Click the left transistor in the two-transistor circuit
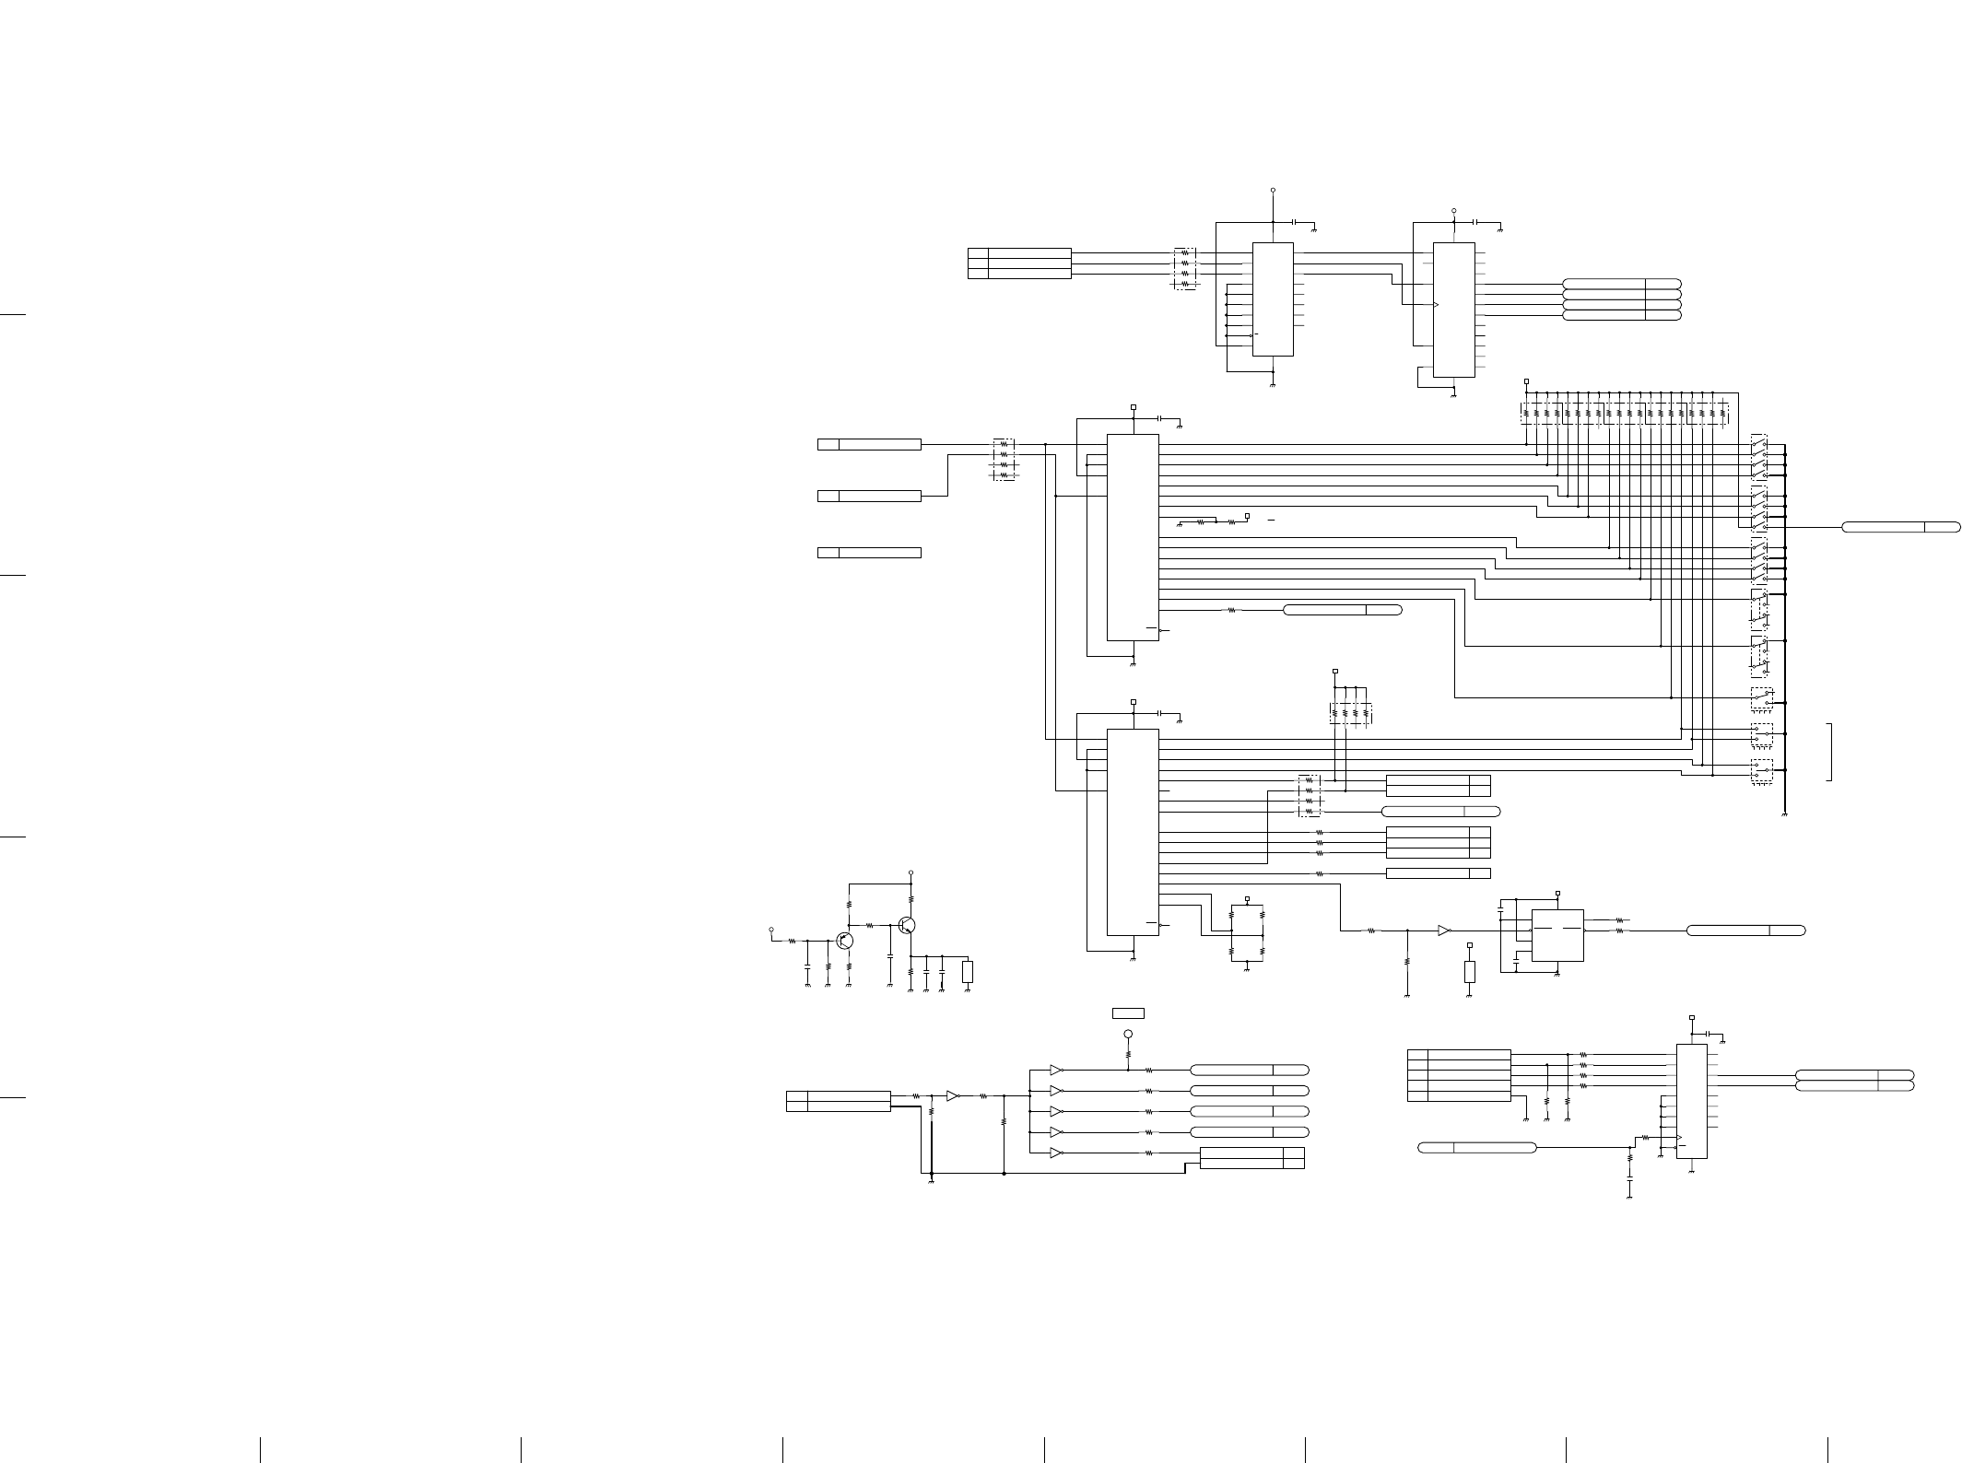coord(844,941)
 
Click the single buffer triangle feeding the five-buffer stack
coord(953,1096)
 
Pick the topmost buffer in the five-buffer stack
coord(1056,1070)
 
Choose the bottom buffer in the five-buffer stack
coord(1056,1153)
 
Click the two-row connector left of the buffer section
coord(838,1101)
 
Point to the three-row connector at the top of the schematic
coord(1019,263)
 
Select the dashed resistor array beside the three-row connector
coord(1186,268)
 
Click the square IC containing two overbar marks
coord(1557,935)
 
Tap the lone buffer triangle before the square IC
coord(1443,930)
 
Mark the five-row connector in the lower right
coord(1459,1075)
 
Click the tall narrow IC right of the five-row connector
coord(1691,1101)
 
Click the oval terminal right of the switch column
coord(1900,527)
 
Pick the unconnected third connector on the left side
coord(869,553)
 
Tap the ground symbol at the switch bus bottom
coord(1785,815)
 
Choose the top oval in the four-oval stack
coord(1621,284)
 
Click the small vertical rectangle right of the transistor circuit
coord(968,971)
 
